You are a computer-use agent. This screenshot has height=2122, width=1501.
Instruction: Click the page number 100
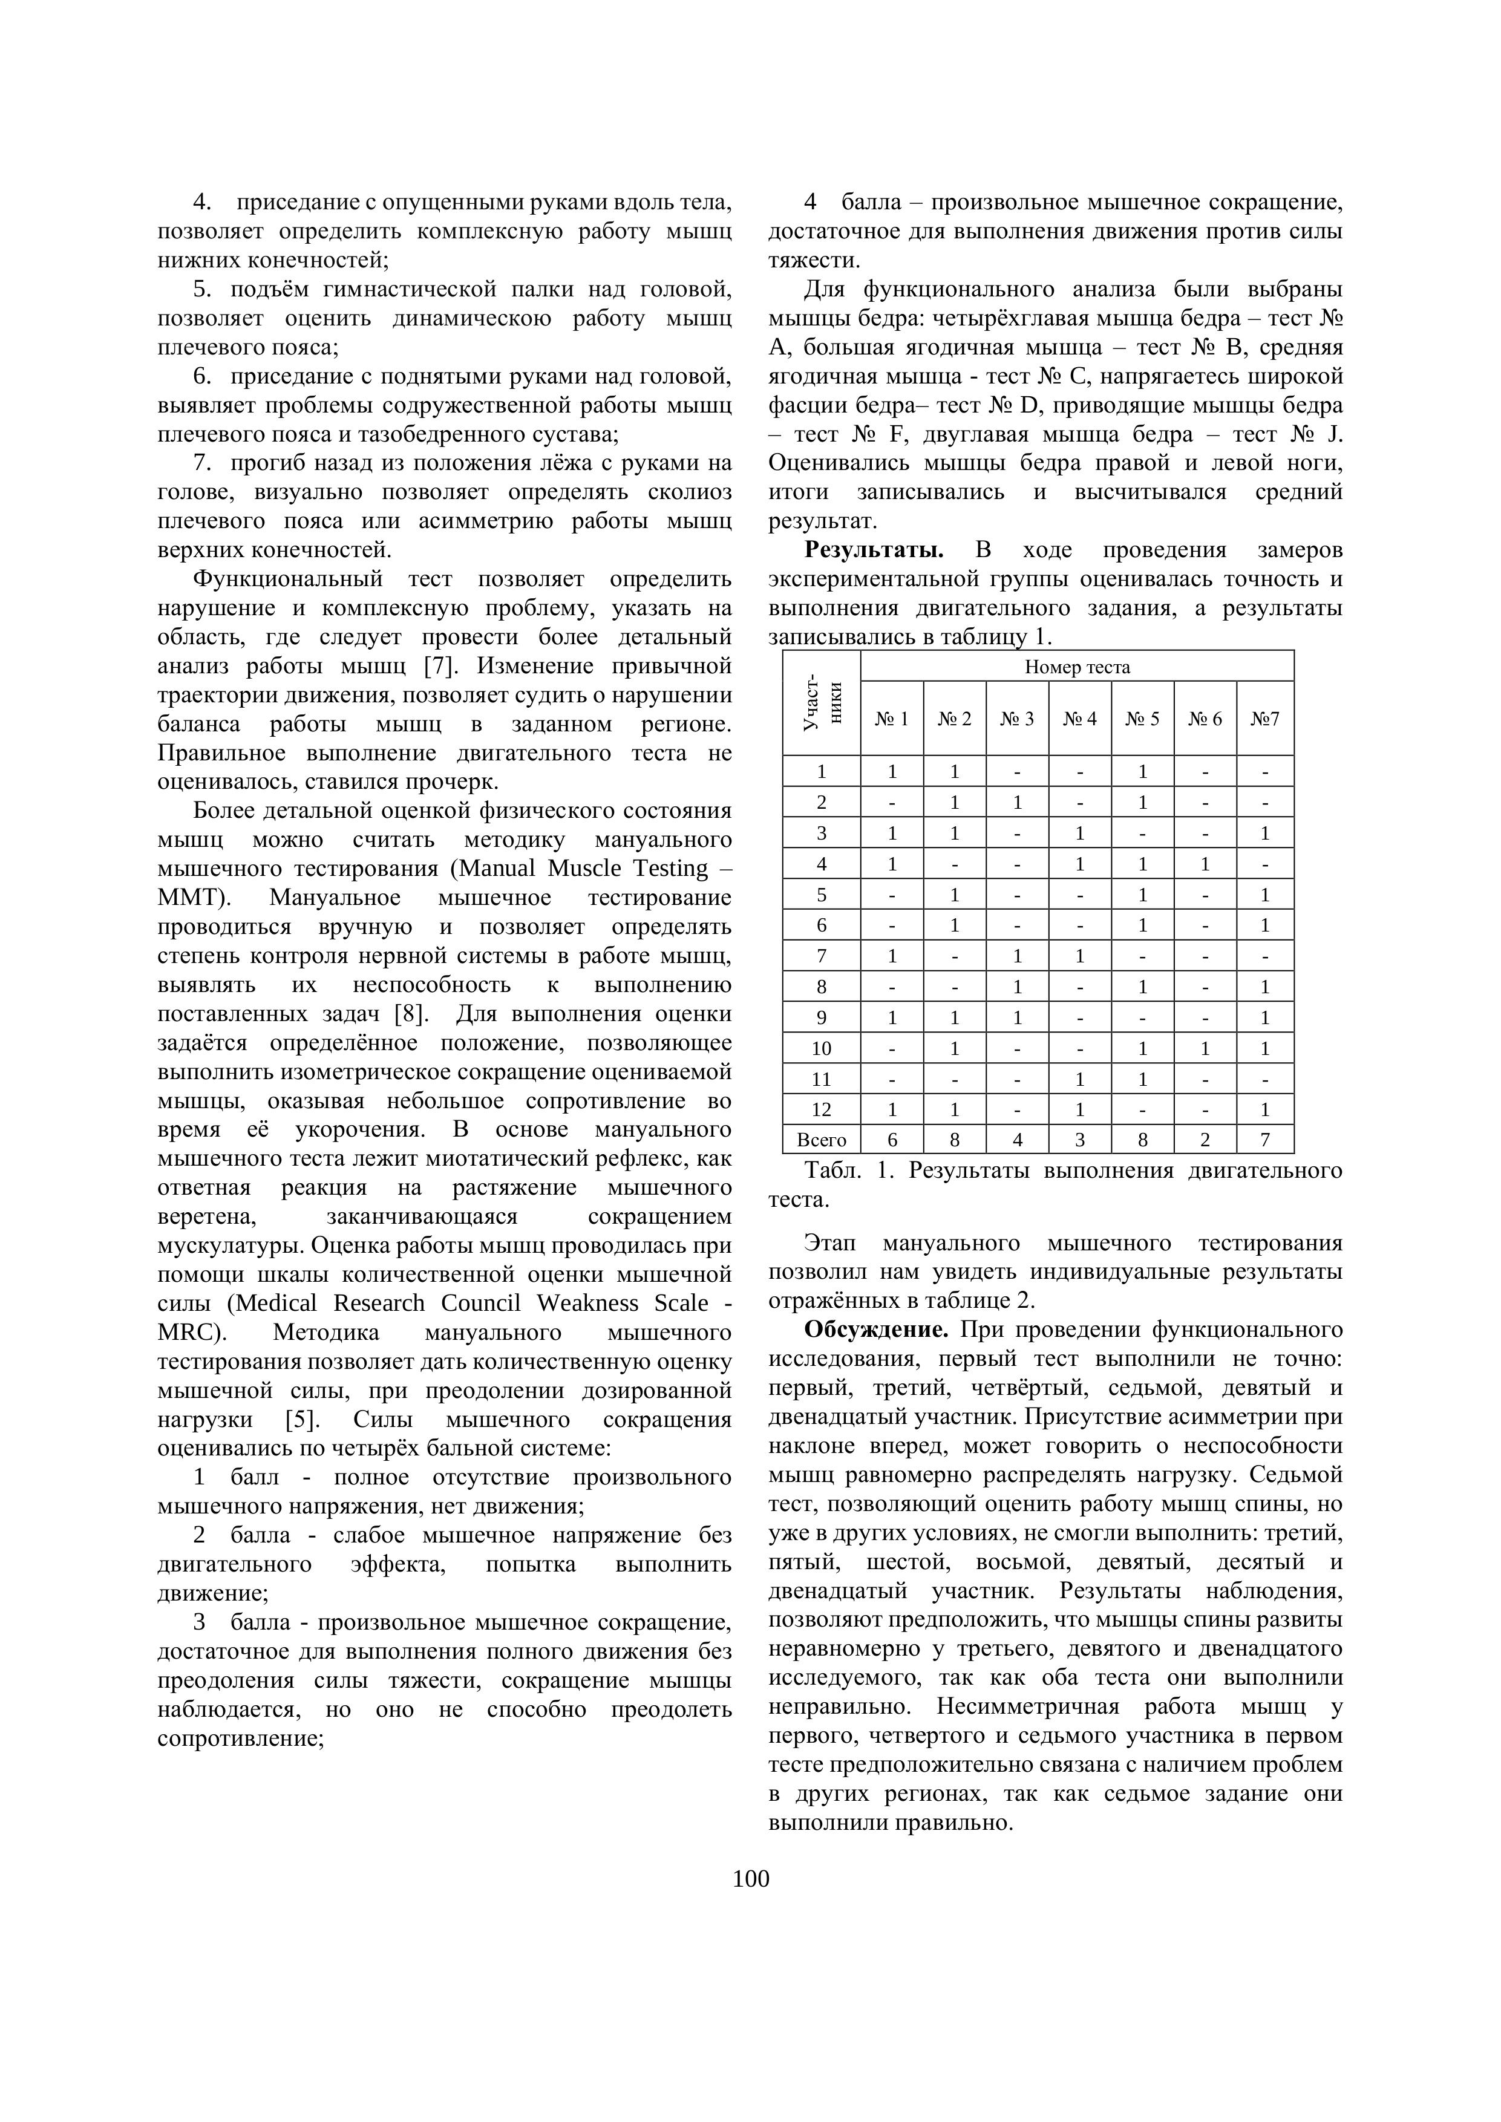click(750, 1879)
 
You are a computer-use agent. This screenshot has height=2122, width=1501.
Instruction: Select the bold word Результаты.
click(874, 551)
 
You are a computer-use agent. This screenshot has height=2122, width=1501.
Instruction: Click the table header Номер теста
click(1077, 667)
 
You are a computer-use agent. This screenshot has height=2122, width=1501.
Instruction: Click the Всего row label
click(821, 1140)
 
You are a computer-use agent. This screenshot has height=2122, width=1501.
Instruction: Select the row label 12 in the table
click(821, 1110)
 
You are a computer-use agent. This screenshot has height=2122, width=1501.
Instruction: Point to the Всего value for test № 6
click(1205, 1140)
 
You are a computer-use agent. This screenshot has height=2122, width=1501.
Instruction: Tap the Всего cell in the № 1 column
click(892, 1140)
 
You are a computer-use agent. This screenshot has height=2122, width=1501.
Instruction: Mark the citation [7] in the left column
click(436, 667)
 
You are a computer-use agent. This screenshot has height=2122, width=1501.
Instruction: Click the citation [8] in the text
click(410, 1014)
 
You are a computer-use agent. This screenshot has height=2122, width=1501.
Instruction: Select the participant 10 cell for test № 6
click(1205, 1048)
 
